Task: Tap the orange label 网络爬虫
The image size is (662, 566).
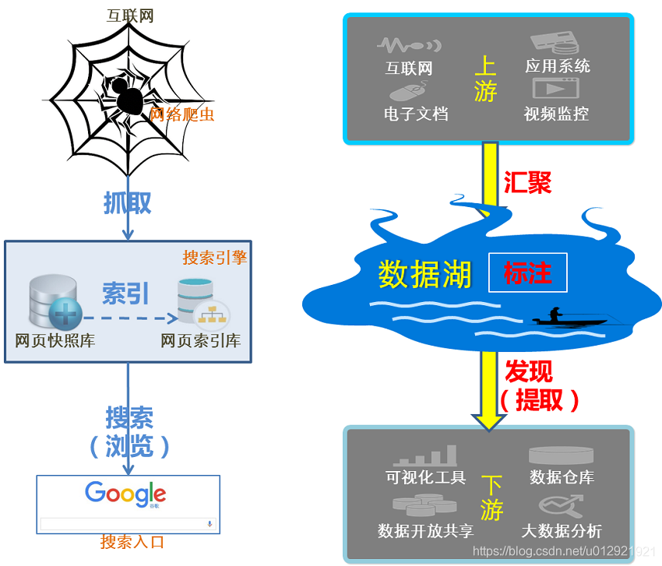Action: pyautogui.click(x=182, y=114)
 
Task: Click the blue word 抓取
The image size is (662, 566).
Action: pyautogui.click(x=128, y=203)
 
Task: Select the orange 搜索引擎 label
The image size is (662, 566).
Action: pyautogui.click(x=214, y=258)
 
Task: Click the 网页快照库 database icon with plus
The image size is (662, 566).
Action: pyautogui.click(x=55, y=302)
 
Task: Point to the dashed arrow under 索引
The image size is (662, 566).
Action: pyautogui.click(x=130, y=318)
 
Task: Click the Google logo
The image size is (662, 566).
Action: pyautogui.click(x=125, y=494)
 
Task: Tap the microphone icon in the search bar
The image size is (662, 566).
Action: pyautogui.click(x=210, y=524)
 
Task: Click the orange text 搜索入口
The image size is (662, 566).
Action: pyautogui.click(x=132, y=542)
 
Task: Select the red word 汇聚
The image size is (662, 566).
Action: pyautogui.click(x=528, y=183)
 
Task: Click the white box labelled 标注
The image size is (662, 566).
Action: pyautogui.click(x=528, y=272)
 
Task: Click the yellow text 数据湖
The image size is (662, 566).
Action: pyautogui.click(x=424, y=274)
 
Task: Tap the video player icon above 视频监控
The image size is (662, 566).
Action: pyautogui.click(x=555, y=88)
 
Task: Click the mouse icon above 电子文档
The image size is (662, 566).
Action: pyautogui.click(x=408, y=91)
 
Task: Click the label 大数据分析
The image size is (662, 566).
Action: pyautogui.click(x=562, y=531)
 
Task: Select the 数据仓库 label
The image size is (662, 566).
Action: pyautogui.click(x=562, y=477)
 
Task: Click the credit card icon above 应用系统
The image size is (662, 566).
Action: pyautogui.click(x=555, y=43)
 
